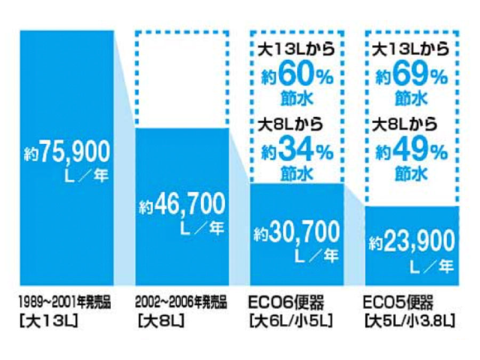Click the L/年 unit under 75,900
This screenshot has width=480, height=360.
click(x=87, y=178)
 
